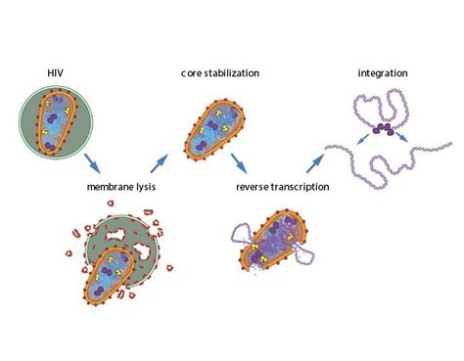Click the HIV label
coord(55,72)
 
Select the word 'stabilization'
coord(231,73)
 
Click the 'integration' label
coord(383,73)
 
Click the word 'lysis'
coord(146,187)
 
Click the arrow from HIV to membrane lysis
coord(92,163)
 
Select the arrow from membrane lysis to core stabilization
coord(159,163)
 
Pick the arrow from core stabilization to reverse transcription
coord(239,163)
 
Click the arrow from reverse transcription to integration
coord(315,163)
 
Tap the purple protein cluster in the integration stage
coord(384,129)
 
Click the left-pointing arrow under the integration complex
coord(363,140)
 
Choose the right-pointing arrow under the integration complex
coord(402,137)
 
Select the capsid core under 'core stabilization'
coord(214,130)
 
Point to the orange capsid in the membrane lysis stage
coord(110,276)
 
